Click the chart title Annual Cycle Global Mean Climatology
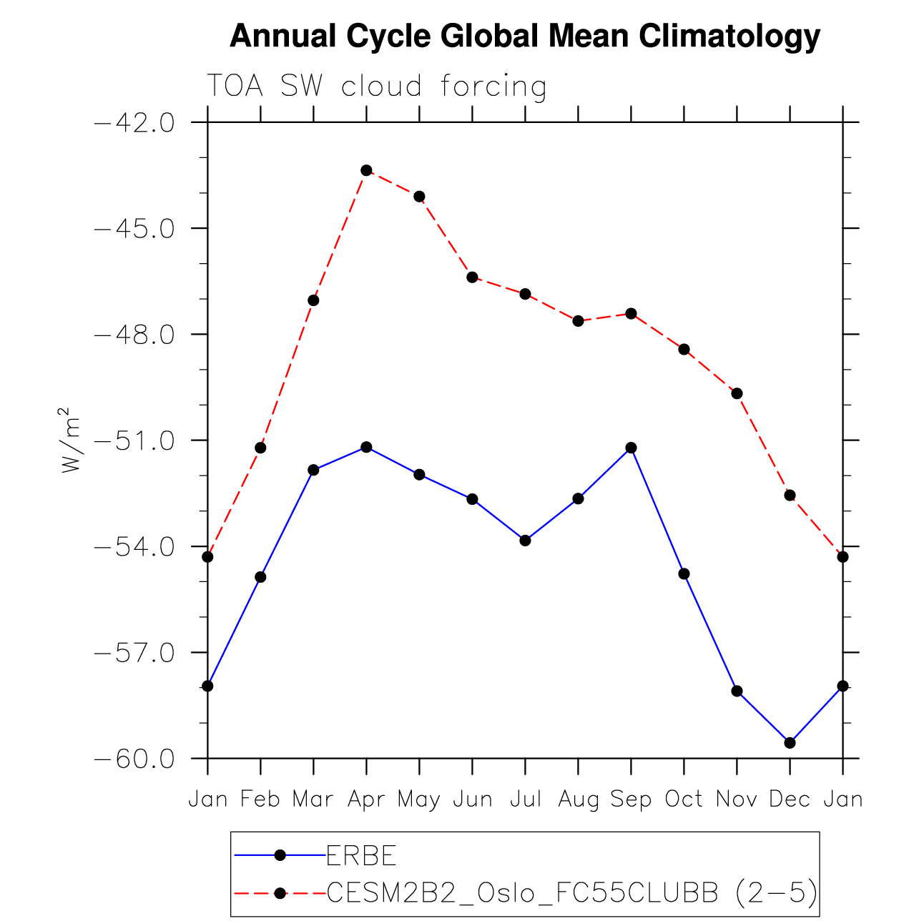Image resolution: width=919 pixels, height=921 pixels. pyautogui.click(x=524, y=36)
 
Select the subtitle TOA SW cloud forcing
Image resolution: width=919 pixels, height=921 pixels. pyautogui.click(x=377, y=87)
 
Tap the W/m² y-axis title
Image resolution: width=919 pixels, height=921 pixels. pyautogui.click(x=69, y=440)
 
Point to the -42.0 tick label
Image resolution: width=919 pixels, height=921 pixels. pyautogui.click(x=134, y=123)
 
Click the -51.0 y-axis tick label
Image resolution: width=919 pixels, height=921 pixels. pyautogui.click(x=134, y=440)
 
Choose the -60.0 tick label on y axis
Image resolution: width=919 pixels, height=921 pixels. pyautogui.click(x=134, y=759)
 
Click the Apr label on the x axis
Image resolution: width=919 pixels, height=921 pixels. pyautogui.click(x=366, y=799)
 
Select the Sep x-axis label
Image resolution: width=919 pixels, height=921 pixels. pyautogui.click(x=631, y=799)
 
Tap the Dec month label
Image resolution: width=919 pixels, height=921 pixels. pyautogui.click(x=790, y=799)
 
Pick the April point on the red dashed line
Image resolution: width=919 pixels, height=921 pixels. pyautogui.click(x=366, y=170)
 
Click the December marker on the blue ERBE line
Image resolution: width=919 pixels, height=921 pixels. pyautogui.click(x=790, y=743)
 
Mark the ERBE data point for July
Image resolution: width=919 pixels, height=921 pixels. pyautogui.click(x=525, y=540)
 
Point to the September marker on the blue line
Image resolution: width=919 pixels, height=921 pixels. pyautogui.click(x=631, y=448)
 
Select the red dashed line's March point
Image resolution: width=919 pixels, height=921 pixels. pyautogui.click(x=313, y=300)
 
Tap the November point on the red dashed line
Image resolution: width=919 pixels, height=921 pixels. pyautogui.click(x=737, y=393)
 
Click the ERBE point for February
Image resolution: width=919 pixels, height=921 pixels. pyautogui.click(x=260, y=576)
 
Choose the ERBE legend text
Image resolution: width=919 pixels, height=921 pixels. pyautogui.click(x=361, y=855)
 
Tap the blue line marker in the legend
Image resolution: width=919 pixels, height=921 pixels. pyautogui.click(x=280, y=855)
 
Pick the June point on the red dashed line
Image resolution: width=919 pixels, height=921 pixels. pyautogui.click(x=472, y=277)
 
